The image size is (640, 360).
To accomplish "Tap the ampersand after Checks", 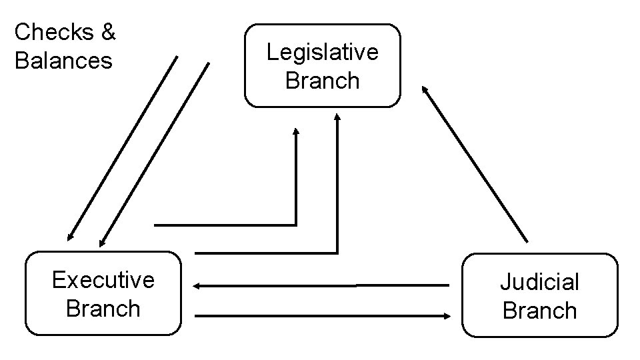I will click(108, 31).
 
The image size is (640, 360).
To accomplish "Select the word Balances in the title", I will click(63, 61).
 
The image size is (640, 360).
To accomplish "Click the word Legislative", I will click(322, 52).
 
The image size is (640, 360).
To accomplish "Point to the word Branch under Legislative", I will click(322, 81).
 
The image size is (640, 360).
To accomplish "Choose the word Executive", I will click(103, 280).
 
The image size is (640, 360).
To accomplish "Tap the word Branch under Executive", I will click(103, 309).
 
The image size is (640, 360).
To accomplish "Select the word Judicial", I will click(539, 282).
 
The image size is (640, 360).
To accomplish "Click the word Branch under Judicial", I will click(539, 311).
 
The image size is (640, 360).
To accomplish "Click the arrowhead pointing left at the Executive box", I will click(197, 286).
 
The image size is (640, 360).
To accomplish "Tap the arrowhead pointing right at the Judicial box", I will click(447, 315).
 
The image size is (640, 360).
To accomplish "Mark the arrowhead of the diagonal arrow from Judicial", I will click(424, 89).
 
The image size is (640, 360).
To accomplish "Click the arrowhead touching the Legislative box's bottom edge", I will click(337, 117).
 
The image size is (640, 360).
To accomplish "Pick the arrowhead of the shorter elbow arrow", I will click(296, 131).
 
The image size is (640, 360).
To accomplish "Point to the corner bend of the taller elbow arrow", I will click(337, 253).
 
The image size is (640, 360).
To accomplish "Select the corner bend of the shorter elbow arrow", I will click(295, 224).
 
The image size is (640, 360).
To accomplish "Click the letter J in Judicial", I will click(505, 282).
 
